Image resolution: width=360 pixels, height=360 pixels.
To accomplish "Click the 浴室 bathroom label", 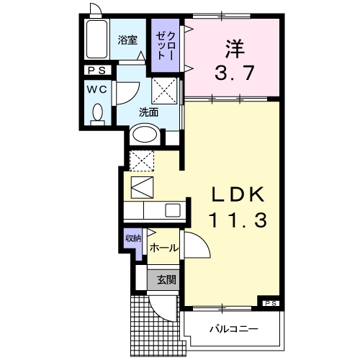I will coord(127,41).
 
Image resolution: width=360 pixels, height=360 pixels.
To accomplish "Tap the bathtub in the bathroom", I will coord(95,41).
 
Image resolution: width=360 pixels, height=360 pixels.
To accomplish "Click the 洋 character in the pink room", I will coord(233,49).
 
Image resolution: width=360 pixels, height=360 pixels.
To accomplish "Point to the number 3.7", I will coord(233,72).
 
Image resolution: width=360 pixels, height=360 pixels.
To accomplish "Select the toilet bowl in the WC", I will coord(98,114).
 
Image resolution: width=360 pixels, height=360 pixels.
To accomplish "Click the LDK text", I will coord(240,195).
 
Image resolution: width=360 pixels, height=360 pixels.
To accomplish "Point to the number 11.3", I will coord(240,220).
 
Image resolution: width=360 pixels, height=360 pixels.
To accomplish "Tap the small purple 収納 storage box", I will coord(133,242).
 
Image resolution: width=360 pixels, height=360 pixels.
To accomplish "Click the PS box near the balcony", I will coord(270,303).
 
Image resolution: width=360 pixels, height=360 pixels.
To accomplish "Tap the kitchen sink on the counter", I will coord(173,211).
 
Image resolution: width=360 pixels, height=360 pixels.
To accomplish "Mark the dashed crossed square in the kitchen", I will coord(140,160).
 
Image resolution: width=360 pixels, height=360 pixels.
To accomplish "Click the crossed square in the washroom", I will coord(163,93).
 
